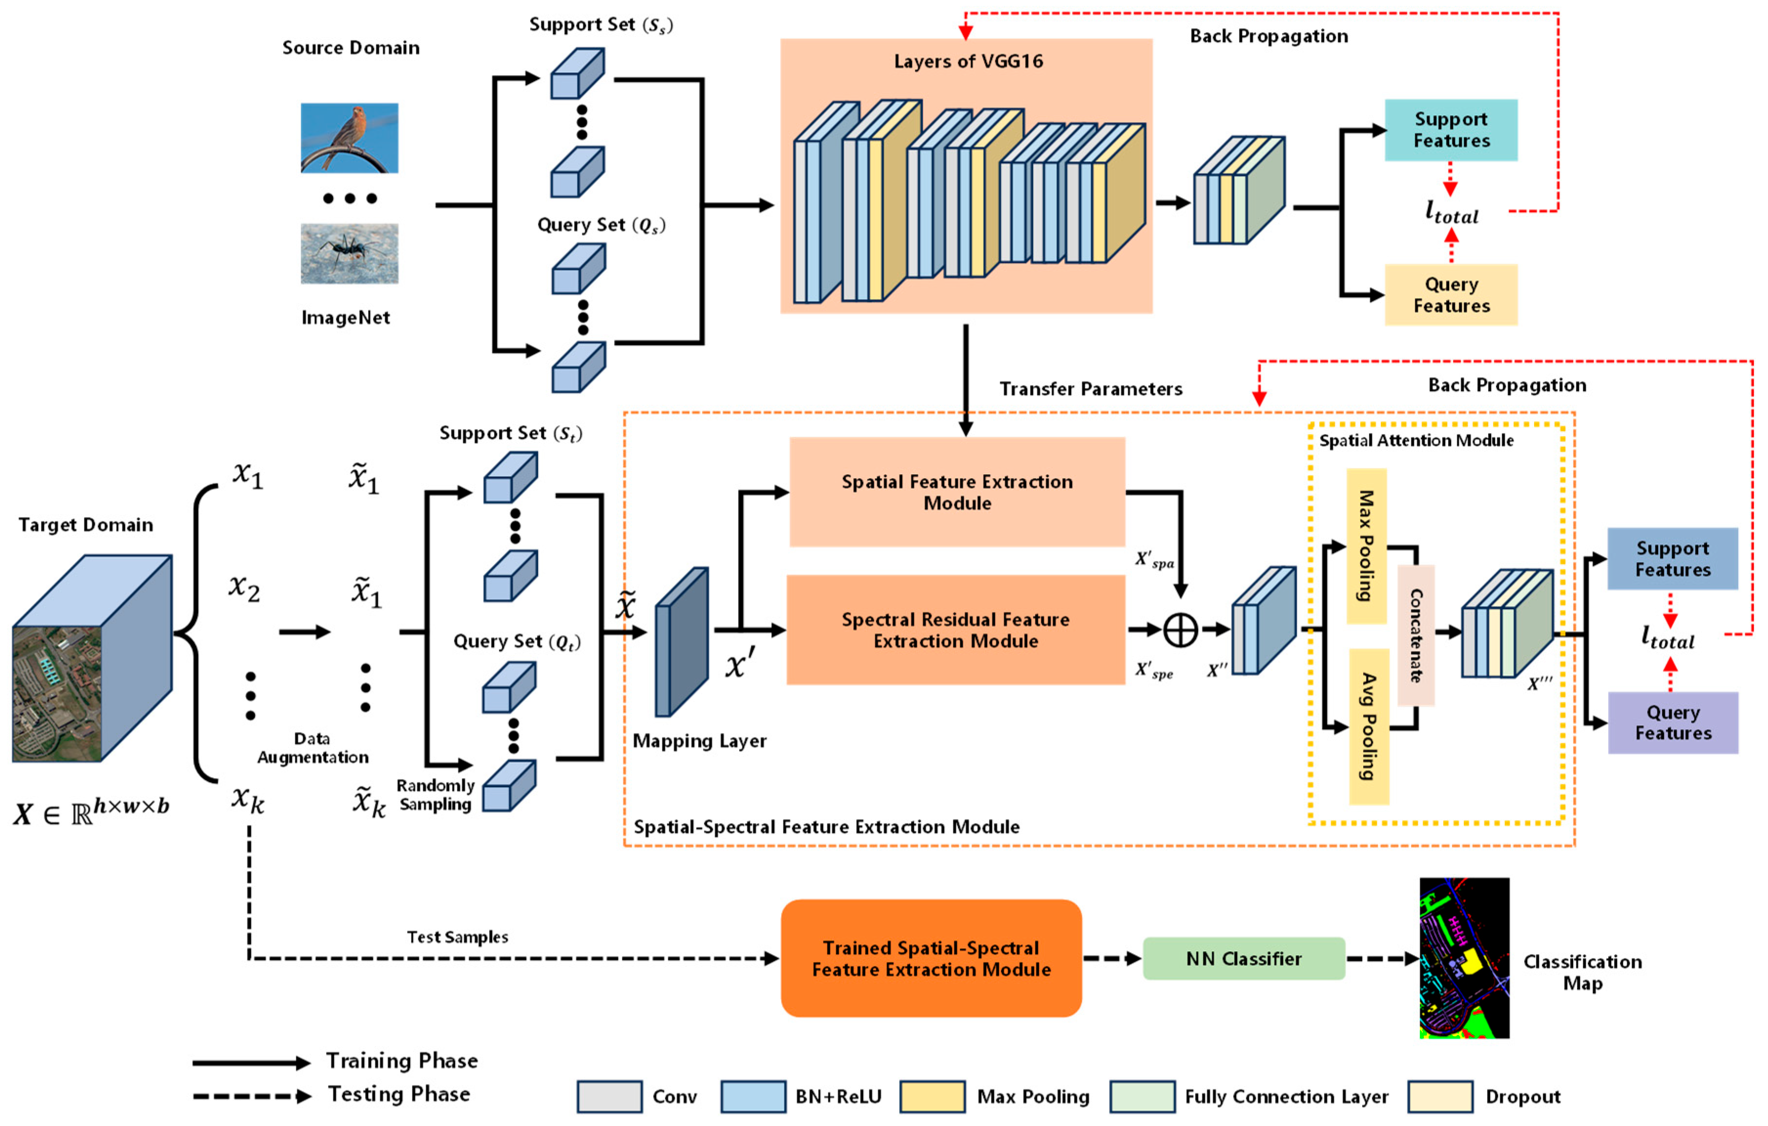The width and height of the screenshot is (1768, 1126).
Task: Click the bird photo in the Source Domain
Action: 349,138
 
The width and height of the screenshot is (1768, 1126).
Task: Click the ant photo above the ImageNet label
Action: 349,253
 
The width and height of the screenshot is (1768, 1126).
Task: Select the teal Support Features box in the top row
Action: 1451,130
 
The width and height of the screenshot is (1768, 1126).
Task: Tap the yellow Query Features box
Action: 1451,294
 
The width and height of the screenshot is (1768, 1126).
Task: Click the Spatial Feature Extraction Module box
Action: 957,492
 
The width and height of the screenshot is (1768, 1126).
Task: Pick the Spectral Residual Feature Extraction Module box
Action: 955,630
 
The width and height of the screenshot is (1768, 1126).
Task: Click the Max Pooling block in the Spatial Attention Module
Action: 1366,546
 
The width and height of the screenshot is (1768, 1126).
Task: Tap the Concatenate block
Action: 1416,635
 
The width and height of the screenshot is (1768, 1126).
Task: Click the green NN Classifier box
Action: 1244,959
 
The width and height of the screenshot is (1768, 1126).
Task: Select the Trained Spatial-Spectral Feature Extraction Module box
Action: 931,959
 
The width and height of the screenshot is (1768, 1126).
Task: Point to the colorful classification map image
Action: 1464,958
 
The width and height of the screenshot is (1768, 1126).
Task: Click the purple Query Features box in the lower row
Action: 1672,723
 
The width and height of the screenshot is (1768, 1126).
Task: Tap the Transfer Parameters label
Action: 1090,389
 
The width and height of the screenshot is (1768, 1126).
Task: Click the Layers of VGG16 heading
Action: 967,61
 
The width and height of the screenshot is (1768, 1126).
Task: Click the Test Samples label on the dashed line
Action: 457,937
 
